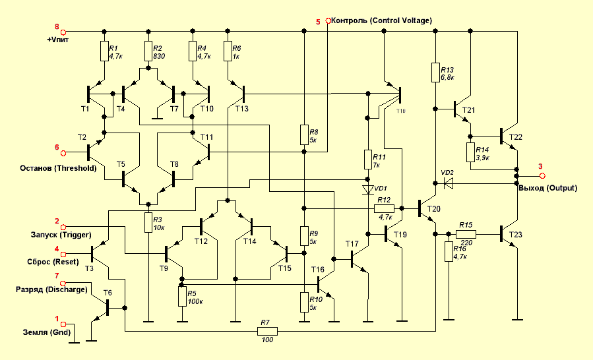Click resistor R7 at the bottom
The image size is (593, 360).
pos(267,330)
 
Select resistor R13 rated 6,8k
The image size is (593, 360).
pos(436,72)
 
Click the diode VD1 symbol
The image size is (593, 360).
pos(368,191)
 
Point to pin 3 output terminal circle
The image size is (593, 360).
pos(542,176)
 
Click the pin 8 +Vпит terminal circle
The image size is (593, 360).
pos(64,31)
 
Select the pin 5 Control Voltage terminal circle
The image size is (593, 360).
pos(328,21)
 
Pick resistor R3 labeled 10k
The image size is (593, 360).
pos(148,223)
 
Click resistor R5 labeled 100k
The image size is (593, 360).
pos(180,297)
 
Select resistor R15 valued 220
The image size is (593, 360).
pos(466,234)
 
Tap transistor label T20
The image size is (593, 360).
pos(433,209)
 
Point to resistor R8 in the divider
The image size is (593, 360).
pos(303,134)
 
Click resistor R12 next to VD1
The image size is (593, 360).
pos(384,208)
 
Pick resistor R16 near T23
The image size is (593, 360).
pos(448,253)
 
